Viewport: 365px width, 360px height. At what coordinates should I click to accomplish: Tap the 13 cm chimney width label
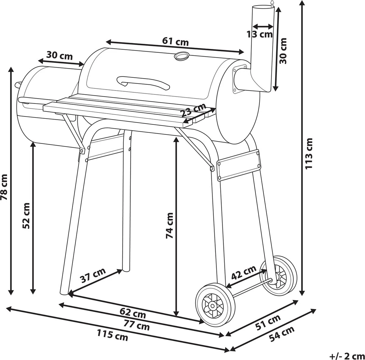click(260, 34)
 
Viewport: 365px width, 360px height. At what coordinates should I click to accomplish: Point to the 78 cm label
click(4, 187)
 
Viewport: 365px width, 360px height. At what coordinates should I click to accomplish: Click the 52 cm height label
click(26, 216)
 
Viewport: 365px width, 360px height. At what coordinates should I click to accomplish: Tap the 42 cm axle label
click(243, 273)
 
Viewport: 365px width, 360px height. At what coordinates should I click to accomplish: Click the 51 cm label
click(268, 323)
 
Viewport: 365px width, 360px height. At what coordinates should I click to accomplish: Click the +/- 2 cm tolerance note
click(346, 355)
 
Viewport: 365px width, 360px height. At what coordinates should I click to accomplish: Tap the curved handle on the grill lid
click(143, 83)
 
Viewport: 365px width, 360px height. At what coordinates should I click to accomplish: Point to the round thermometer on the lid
click(182, 56)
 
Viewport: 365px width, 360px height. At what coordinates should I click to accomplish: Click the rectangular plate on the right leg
click(239, 165)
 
